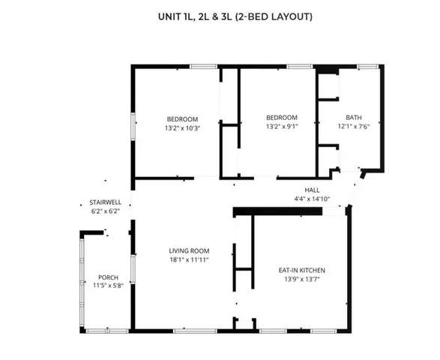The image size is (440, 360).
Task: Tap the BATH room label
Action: coord(353,118)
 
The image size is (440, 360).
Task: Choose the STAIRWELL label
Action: coord(105,202)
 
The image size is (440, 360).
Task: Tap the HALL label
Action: coord(312,190)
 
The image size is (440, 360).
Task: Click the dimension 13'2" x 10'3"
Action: coord(181,128)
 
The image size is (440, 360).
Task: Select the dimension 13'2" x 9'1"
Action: coord(282,126)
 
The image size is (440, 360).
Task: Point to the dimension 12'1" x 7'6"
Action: coord(353,126)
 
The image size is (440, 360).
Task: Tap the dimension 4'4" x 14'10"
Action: coord(312,199)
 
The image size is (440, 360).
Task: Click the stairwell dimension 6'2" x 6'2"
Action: coord(105,211)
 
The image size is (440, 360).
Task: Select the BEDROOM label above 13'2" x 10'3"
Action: coord(181,119)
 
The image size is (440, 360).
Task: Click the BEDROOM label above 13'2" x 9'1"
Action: coord(282,118)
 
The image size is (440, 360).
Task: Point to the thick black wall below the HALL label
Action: coord(278,211)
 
